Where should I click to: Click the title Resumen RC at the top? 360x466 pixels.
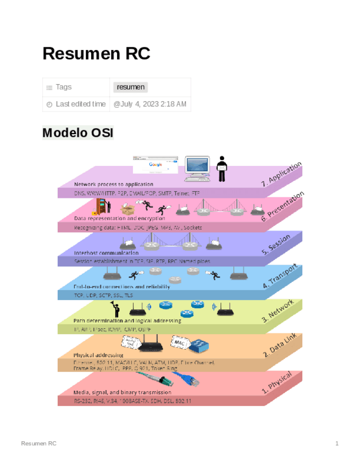pyautogui.click(x=96, y=54)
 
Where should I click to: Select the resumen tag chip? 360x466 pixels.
pyautogui.click(x=131, y=87)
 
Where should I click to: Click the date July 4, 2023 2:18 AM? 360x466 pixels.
pyautogui.click(x=149, y=104)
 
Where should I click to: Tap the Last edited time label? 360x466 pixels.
pyautogui.click(x=80, y=104)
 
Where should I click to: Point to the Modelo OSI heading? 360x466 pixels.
pyautogui.click(x=77, y=133)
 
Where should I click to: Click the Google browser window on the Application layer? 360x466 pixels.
pyautogui.click(x=156, y=165)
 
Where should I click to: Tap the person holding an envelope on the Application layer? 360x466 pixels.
pyautogui.click(x=222, y=168)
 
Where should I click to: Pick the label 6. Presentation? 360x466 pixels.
pyautogui.click(x=283, y=207)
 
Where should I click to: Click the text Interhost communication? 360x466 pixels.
pyautogui.click(x=106, y=253)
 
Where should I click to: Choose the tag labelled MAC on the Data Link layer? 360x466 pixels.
pyautogui.click(x=180, y=342)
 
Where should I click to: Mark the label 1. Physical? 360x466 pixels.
pyautogui.click(x=280, y=382)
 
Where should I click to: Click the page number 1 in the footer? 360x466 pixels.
pyautogui.click(x=336, y=443)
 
